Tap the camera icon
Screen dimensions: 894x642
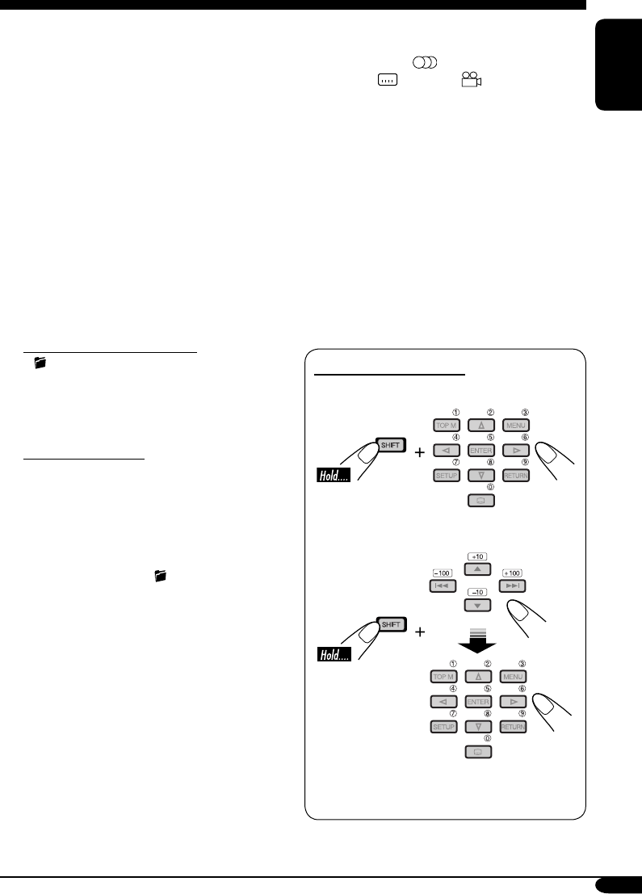click(472, 79)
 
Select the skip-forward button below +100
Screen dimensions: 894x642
click(513, 586)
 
